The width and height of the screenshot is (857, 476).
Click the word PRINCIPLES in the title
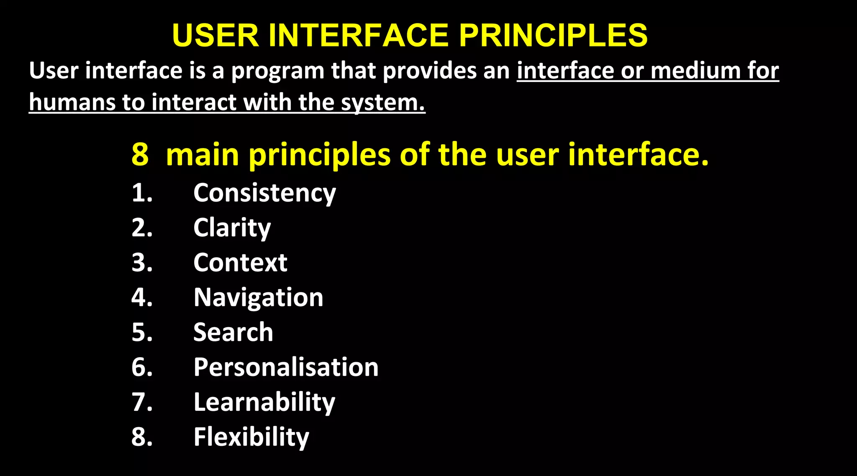(x=553, y=35)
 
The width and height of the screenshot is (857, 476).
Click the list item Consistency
(x=264, y=193)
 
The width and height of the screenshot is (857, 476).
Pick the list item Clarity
(x=232, y=228)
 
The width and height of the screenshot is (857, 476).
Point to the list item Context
(x=240, y=263)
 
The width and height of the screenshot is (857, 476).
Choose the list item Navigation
(x=258, y=298)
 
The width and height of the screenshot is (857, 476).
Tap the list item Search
(x=233, y=333)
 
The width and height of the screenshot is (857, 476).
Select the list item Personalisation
(x=286, y=367)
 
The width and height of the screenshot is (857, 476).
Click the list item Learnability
(x=264, y=402)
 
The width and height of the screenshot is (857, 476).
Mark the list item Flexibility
(x=251, y=437)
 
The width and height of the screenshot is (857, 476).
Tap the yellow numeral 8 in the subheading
(x=140, y=155)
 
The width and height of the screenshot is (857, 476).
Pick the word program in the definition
(x=278, y=71)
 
